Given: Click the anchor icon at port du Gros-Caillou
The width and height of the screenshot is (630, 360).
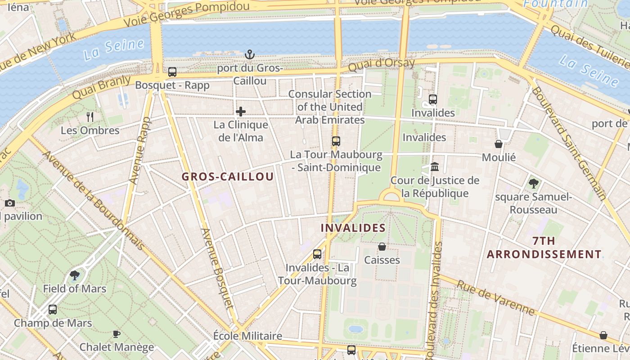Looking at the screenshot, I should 249,55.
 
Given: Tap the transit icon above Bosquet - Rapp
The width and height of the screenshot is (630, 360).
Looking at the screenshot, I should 172,72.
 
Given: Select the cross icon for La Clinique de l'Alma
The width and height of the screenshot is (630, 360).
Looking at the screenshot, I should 241,112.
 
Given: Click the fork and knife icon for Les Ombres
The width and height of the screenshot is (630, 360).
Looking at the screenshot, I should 90,117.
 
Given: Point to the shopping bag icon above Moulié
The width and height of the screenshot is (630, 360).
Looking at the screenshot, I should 499,144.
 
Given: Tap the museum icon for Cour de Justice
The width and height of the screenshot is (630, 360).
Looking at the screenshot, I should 435,167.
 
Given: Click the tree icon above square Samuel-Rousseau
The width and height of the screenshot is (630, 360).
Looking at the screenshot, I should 533,183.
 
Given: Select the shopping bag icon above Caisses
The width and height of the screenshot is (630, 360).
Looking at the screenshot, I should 382,247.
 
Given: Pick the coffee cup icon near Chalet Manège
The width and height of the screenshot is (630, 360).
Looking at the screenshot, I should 117,334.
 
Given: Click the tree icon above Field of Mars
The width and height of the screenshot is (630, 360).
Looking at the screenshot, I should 75,275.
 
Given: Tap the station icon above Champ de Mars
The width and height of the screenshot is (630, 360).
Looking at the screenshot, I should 53,310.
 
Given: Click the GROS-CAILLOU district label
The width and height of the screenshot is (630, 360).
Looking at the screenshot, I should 228,176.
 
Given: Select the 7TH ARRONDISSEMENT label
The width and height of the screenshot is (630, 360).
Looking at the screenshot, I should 544,247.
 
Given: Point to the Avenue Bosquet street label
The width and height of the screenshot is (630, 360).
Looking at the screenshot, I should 217,273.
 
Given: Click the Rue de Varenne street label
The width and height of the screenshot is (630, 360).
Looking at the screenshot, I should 496,297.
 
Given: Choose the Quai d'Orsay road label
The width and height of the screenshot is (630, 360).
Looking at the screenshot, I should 382,65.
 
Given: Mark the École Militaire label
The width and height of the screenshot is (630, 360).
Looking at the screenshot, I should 247,336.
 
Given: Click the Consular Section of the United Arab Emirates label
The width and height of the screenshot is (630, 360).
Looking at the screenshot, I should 330,107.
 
